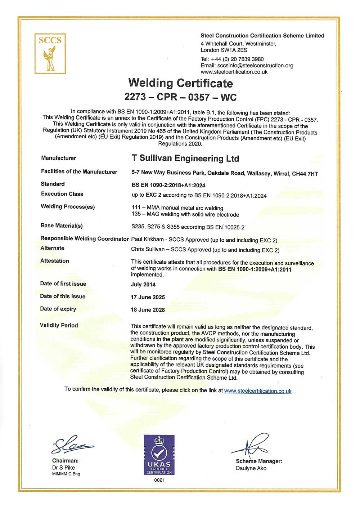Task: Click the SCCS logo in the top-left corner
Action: coord(50,54)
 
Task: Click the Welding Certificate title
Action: coord(180,83)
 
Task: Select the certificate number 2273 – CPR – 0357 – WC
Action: coord(180,97)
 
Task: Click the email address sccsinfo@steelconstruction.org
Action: coord(255,66)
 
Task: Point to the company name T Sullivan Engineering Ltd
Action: coord(185,158)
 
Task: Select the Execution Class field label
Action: coord(62,194)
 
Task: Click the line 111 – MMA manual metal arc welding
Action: coord(177,208)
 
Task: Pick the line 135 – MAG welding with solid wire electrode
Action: coord(185,215)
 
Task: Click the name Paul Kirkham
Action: coord(147,240)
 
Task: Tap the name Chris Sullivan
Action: coord(148,249)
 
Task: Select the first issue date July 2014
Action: coord(143,285)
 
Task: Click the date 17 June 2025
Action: coord(148,297)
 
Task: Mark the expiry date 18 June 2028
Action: coord(148,310)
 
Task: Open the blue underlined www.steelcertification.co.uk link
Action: coord(258,391)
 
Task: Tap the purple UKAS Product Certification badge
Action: coord(159,455)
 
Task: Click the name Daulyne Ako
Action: coord(251,468)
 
